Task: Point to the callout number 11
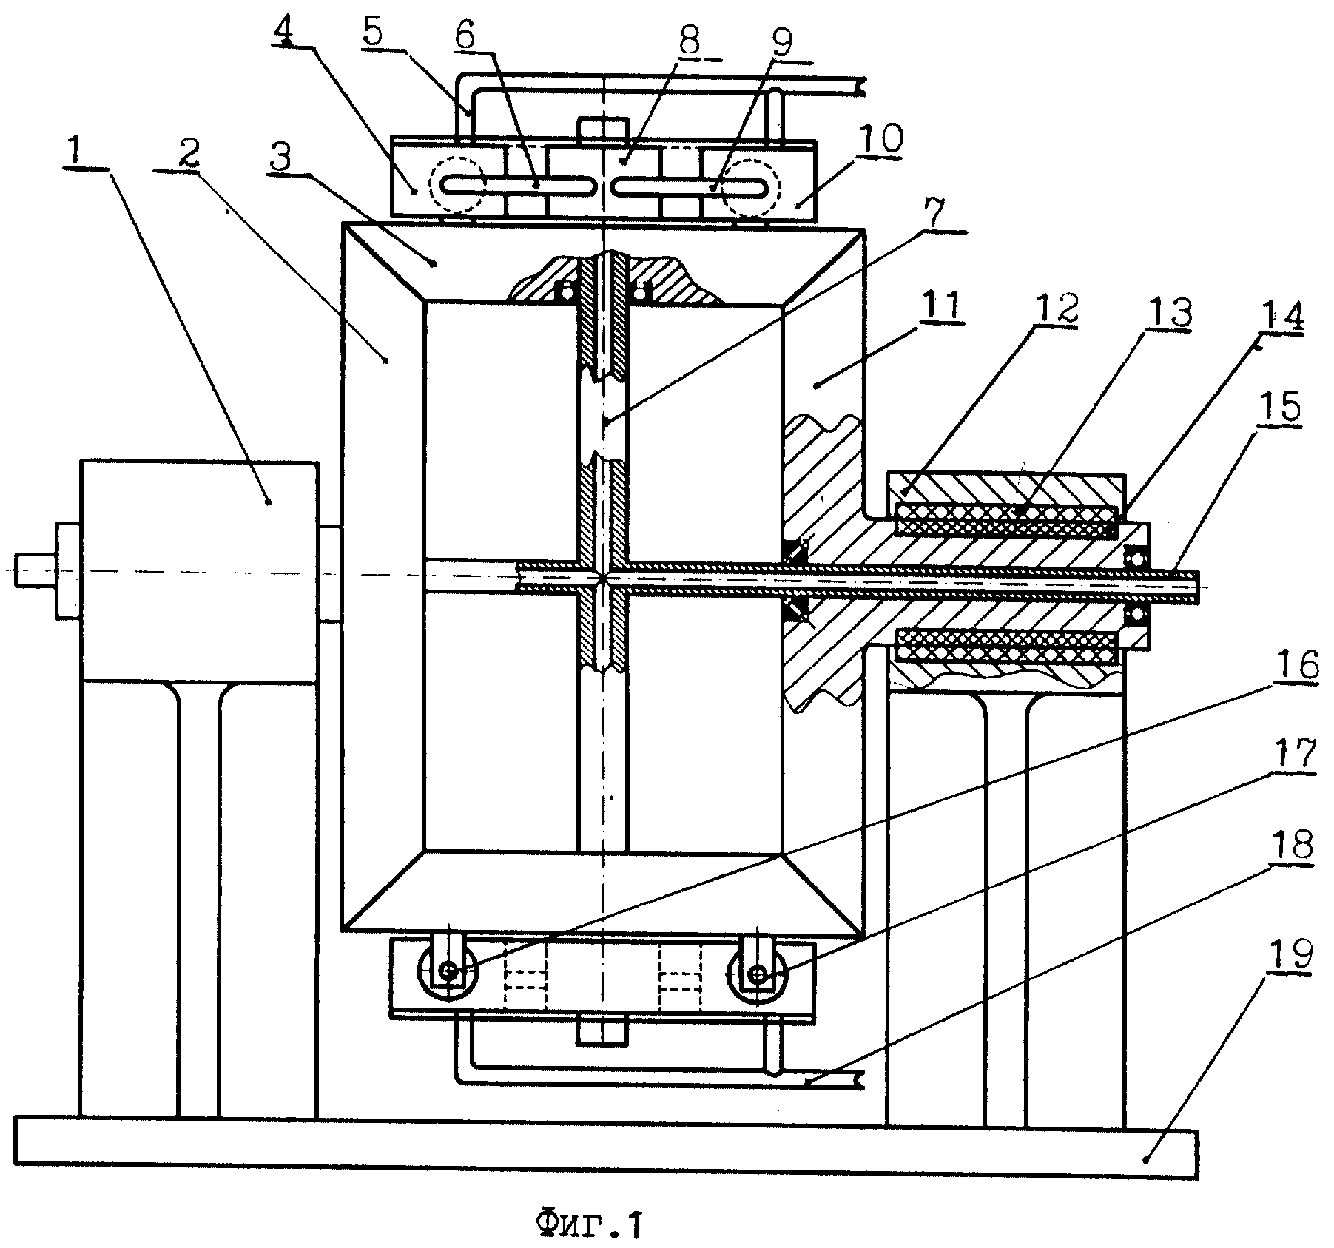(x=945, y=304)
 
